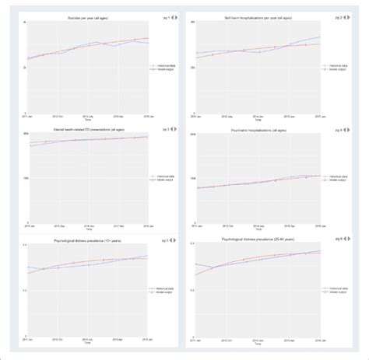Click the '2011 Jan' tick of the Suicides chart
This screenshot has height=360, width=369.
[x=29, y=114]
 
